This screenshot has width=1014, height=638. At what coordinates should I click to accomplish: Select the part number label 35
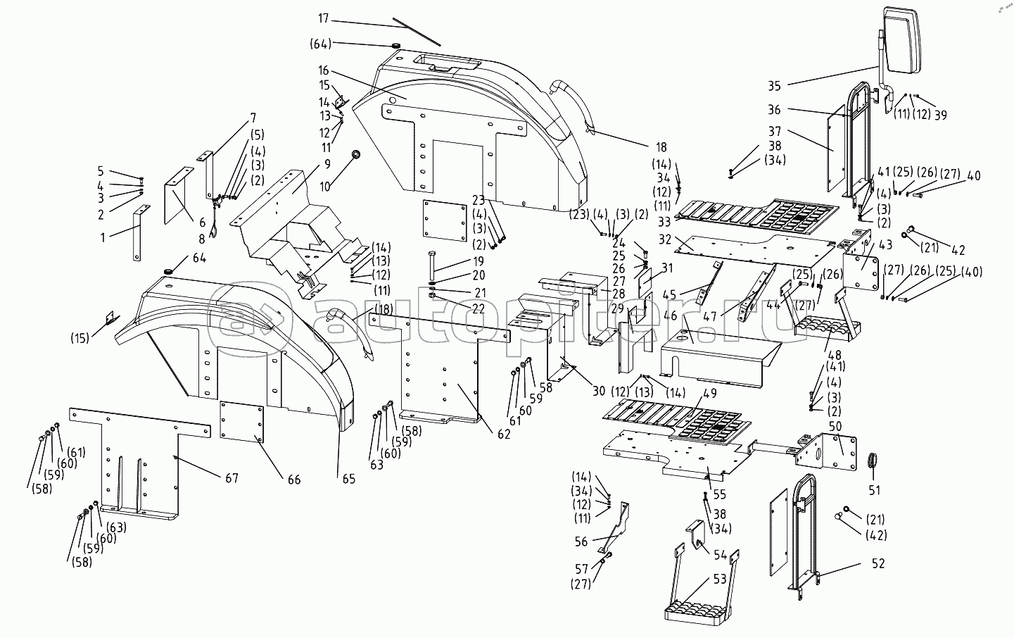coord(774,87)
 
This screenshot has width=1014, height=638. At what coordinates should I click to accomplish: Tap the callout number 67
coord(232,478)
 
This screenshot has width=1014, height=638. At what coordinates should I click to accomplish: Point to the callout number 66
coord(293,480)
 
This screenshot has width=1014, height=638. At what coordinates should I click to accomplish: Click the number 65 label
coord(348,480)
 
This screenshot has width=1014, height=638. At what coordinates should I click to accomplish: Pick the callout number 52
coord(878,563)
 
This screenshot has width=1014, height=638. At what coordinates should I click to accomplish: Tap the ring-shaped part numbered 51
coord(873,461)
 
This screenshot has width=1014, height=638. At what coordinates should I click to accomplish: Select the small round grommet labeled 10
coord(356,154)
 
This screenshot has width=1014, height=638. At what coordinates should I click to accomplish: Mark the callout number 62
coord(503,434)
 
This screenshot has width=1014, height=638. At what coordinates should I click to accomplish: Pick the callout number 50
coord(836,426)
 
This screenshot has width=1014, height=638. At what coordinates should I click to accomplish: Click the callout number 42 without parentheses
coord(958,250)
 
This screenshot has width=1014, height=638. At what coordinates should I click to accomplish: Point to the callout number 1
coord(103,238)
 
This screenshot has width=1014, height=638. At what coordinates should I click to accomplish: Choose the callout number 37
coord(775,132)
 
